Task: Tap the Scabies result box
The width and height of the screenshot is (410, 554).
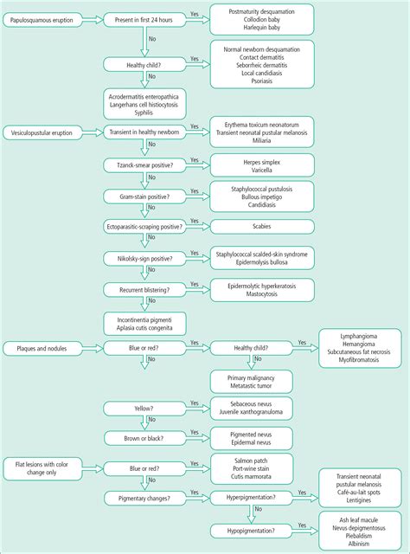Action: (262, 227)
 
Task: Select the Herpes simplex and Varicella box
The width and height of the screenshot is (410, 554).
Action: (262, 165)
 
